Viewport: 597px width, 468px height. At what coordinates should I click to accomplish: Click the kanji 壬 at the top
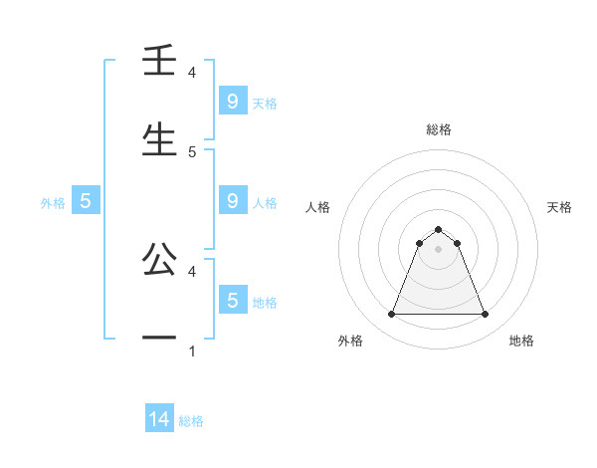click(159, 63)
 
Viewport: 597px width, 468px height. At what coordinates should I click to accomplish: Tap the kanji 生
click(159, 139)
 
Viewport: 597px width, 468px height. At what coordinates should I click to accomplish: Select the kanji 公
click(159, 261)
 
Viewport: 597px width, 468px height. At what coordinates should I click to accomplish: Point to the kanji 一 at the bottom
click(159, 339)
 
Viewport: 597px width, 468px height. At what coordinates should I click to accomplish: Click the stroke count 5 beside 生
click(192, 152)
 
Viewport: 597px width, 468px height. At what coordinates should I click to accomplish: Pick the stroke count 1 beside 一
click(192, 351)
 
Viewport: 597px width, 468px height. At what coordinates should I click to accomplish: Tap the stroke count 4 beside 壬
click(192, 73)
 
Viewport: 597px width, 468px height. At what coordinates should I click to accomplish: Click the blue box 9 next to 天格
click(232, 102)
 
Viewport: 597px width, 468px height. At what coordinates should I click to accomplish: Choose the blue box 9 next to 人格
click(232, 201)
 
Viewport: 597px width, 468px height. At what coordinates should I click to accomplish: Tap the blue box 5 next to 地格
click(232, 301)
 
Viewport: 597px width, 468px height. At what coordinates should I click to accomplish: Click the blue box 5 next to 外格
click(86, 201)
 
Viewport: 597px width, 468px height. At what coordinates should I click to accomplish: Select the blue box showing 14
click(159, 419)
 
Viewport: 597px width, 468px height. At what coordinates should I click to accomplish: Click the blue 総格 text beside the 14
click(191, 421)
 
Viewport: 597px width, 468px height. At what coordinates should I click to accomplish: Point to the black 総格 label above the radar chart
click(438, 129)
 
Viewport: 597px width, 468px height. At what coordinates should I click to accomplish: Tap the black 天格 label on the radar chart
click(559, 207)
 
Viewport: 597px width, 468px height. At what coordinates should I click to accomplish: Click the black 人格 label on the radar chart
click(317, 207)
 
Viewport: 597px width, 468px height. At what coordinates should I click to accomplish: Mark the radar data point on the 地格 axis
click(485, 315)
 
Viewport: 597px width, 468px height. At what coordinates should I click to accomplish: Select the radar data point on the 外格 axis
click(391, 315)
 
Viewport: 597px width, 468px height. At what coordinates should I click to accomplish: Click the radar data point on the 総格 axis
click(438, 229)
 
